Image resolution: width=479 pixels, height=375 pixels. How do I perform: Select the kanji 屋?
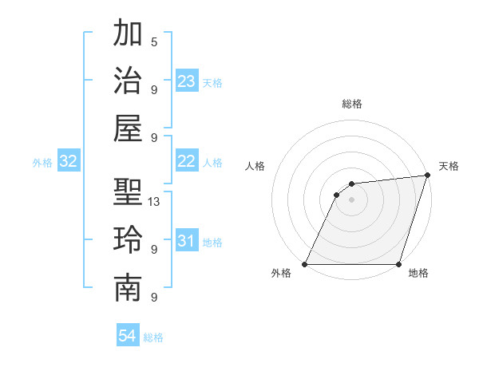129,127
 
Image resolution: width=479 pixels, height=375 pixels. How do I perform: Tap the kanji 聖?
129,191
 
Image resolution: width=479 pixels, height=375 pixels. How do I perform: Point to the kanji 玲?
129,240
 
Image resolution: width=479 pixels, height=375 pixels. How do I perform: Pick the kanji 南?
129,289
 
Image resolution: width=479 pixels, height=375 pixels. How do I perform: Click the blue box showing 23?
187,81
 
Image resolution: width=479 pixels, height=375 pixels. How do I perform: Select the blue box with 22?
187,161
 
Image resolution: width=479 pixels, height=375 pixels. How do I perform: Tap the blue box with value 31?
187,241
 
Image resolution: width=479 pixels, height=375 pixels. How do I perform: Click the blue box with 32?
69,162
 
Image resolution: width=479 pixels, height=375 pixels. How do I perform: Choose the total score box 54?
128,336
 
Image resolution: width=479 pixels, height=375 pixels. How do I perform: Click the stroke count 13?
155,201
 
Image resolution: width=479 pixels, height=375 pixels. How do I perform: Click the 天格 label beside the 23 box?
212,83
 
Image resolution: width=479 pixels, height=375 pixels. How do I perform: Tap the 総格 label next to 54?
153,337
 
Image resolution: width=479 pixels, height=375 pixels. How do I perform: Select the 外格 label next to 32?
42,163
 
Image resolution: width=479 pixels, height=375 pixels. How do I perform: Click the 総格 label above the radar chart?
352,104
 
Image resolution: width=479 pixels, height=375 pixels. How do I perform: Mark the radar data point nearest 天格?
428,176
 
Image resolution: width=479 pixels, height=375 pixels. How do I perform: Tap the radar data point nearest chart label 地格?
398,264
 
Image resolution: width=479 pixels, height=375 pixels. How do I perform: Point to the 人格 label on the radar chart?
255,167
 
